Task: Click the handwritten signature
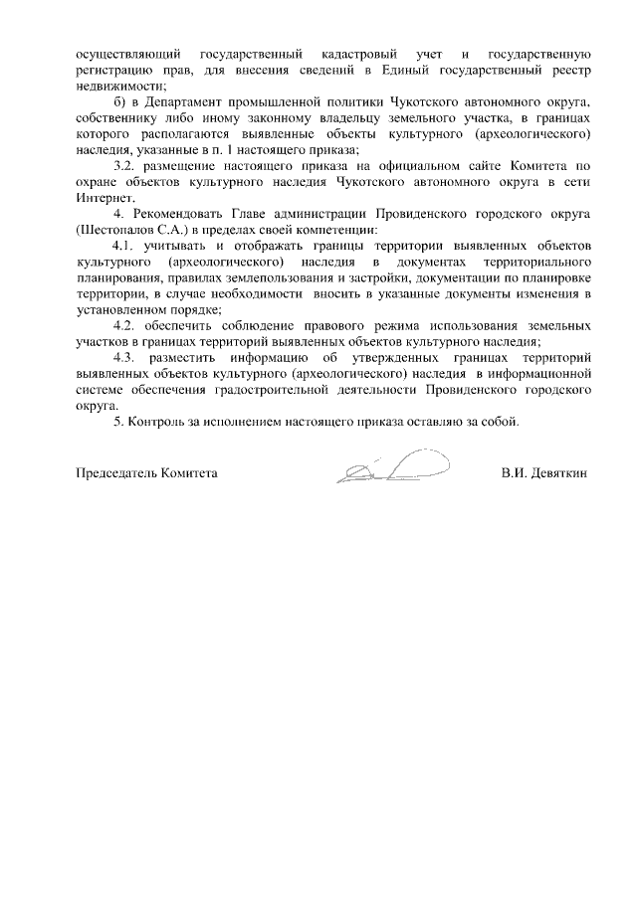[x=393, y=465]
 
